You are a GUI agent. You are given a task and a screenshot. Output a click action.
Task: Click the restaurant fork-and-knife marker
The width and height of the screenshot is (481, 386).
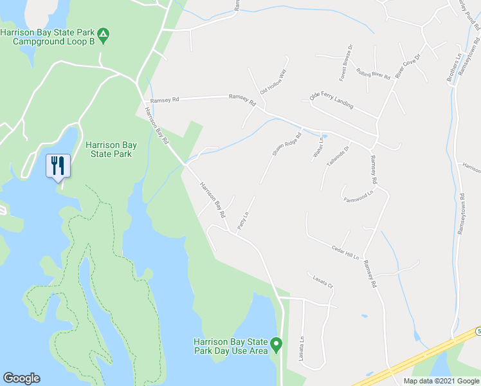[x=59, y=166]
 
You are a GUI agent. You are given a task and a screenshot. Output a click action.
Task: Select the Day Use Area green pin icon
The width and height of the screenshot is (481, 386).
[x=277, y=345]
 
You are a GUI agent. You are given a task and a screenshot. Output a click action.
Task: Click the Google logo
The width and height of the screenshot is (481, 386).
[x=21, y=378]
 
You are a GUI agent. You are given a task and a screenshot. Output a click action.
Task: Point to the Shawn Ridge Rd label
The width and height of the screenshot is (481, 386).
[x=287, y=145]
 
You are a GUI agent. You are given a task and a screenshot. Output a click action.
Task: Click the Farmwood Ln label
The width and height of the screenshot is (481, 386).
[x=358, y=196]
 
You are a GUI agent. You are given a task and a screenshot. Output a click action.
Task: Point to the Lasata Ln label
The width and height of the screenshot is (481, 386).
[x=302, y=348]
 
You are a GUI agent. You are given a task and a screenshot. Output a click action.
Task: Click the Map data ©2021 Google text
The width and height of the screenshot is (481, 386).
[x=441, y=381]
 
